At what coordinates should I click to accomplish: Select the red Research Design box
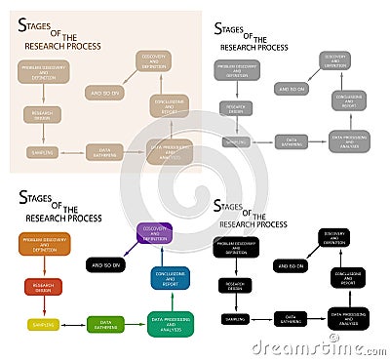pyautogui.click(x=43, y=287)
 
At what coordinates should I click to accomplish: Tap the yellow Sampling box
pyautogui.click(x=43, y=324)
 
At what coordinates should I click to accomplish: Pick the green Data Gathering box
pyautogui.click(x=105, y=324)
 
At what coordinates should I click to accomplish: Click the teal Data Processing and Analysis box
pyautogui.click(x=170, y=323)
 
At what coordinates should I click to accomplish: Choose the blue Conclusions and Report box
pyautogui.click(x=170, y=278)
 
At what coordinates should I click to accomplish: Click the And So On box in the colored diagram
pyautogui.click(x=105, y=264)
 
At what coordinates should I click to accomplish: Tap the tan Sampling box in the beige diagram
pyautogui.click(x=43, y=152)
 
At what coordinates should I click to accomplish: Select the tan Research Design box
pyautogui.click(x=42, y=115)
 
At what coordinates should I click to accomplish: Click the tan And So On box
pyautogui.click(x=105, y=93)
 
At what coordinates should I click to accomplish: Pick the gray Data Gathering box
pyautogui.click(x=292, y=143)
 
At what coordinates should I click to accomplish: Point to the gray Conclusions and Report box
pyautogui.click(x=348, y=100)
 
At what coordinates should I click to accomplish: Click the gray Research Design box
pyautogui.click(x=235, y=108)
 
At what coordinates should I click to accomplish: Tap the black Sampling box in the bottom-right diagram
pyautogui.click(x=234, y=319)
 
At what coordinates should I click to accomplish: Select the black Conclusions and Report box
pyautogui.click(x=348, y=278)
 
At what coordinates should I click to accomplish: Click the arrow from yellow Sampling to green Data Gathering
pyautogui.click(x=74, y=324)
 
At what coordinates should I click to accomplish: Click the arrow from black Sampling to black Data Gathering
pyautogui.click(x=262, y=319)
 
